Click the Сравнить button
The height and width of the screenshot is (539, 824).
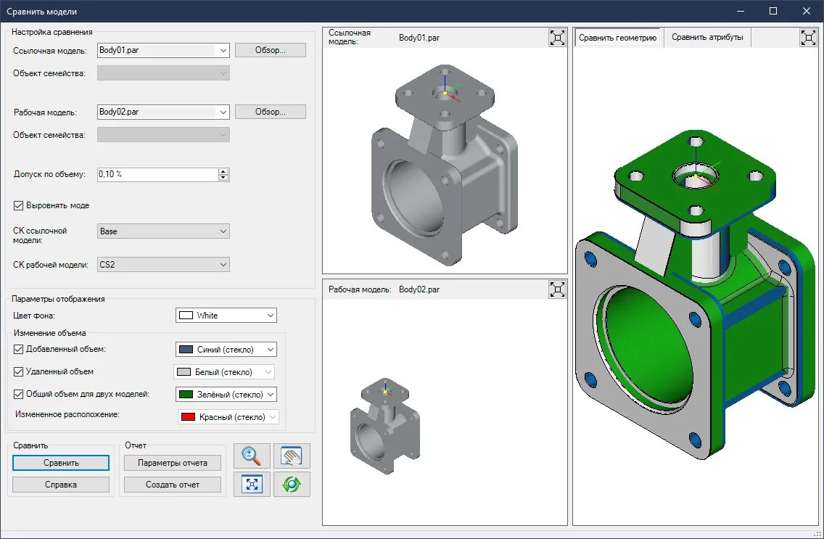[x=61, y=463]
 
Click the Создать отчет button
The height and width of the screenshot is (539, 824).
[x=173, y=485]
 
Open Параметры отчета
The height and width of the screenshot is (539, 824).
[x=173, y=463]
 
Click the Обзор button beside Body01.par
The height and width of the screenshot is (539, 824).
[x=270, y=50]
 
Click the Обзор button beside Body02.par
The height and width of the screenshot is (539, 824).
[x=270, y=112]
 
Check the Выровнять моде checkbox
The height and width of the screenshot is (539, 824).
[x=18, y=205]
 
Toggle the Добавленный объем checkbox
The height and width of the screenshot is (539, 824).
[x=18, y=349]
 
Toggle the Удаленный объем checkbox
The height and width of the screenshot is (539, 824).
[x=18, y=371]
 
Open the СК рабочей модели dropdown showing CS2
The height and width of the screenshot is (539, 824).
[x=163, y=265]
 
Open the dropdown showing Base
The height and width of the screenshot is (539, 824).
[x=163, y=231]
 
